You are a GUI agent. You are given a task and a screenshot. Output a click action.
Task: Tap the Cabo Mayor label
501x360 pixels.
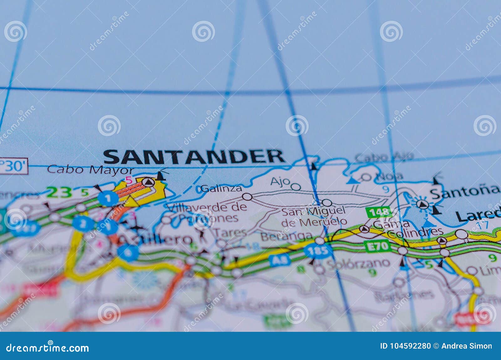click(x=90, y=170)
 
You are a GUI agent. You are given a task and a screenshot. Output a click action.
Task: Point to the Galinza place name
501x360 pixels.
click(x=221, y=188)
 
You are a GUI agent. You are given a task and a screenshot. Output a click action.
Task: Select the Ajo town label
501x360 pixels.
click(x=280, y=182)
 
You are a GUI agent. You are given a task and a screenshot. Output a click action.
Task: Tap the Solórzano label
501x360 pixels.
click(x=358, y=263)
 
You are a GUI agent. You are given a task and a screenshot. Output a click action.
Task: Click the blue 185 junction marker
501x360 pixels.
click(x=318, y=251)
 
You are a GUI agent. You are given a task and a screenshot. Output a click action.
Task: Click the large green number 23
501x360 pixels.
click(x=59, y=192)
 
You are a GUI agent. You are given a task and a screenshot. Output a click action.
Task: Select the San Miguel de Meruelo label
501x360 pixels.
click(x=314, y=216)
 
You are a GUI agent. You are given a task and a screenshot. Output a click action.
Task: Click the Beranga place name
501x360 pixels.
click(x=287, y=236)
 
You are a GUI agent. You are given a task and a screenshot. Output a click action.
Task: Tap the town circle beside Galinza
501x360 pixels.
click(x=247, y=197)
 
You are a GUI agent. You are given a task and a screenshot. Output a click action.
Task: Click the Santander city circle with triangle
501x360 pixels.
click(x=148, y=182)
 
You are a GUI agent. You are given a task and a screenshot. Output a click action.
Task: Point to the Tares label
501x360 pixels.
click(x=230, y=233)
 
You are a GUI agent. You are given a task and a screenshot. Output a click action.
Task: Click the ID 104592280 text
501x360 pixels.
click(x=405, y=346)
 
